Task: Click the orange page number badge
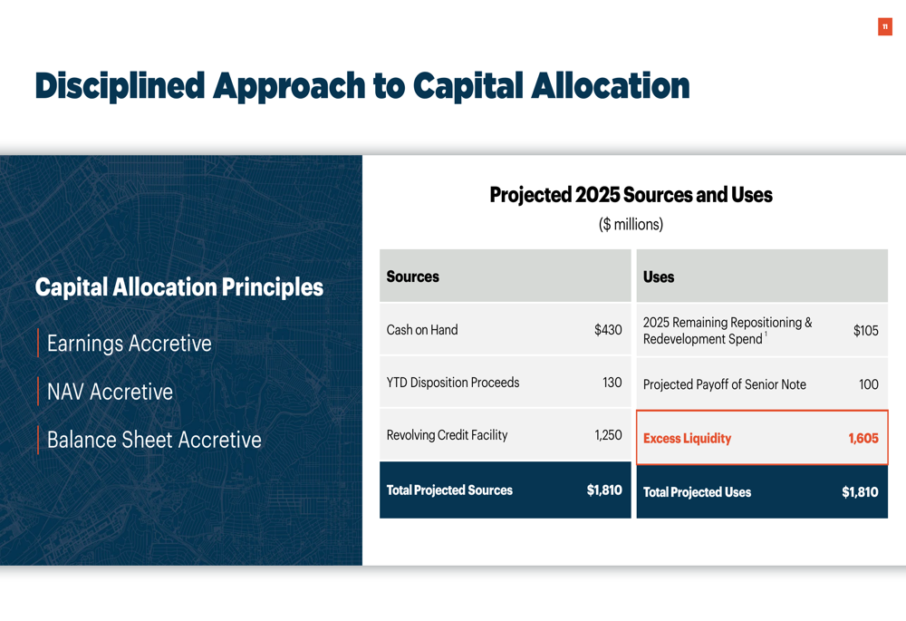884,26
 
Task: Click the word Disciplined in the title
120,86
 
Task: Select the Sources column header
412,277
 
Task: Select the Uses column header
658,277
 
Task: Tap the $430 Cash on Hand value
608,330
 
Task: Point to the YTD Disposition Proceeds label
452,383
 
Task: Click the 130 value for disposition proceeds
612,383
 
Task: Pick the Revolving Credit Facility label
447,435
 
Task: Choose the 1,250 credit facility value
608,435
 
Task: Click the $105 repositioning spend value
865,330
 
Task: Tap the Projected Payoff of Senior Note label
724,384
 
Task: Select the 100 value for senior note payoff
869,384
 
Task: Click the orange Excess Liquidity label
687,438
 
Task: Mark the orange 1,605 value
863,438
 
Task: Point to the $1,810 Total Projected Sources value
604,490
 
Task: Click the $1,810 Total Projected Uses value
860,492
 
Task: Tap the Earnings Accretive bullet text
130,344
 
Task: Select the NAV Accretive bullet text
110,392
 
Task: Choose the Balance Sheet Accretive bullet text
154,440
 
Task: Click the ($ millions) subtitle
631,224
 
